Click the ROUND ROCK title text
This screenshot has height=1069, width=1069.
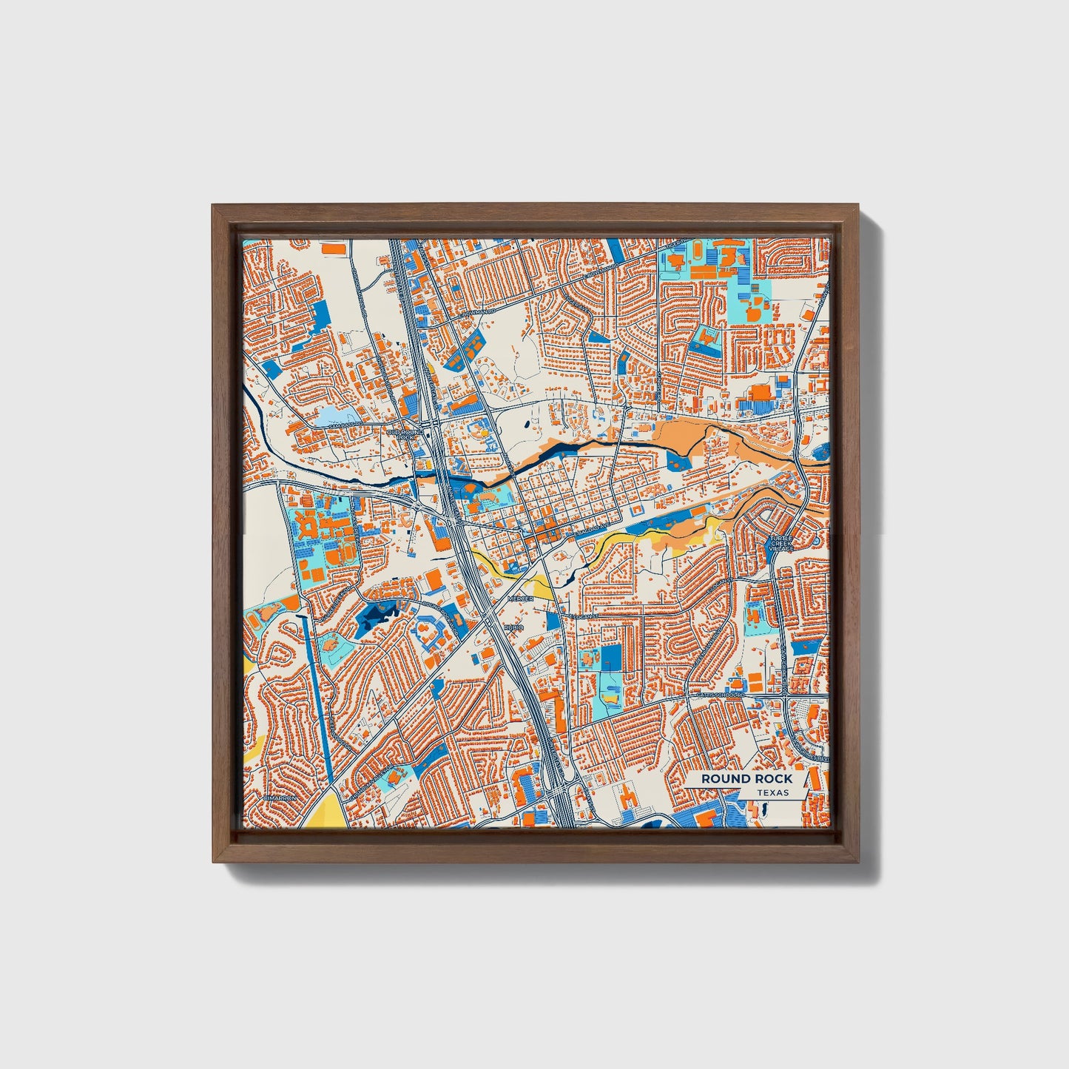746,778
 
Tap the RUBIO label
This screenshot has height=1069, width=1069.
513,627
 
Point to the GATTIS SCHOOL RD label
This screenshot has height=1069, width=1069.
719,695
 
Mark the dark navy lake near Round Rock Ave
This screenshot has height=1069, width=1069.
374,616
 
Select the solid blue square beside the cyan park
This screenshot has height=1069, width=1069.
611,657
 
